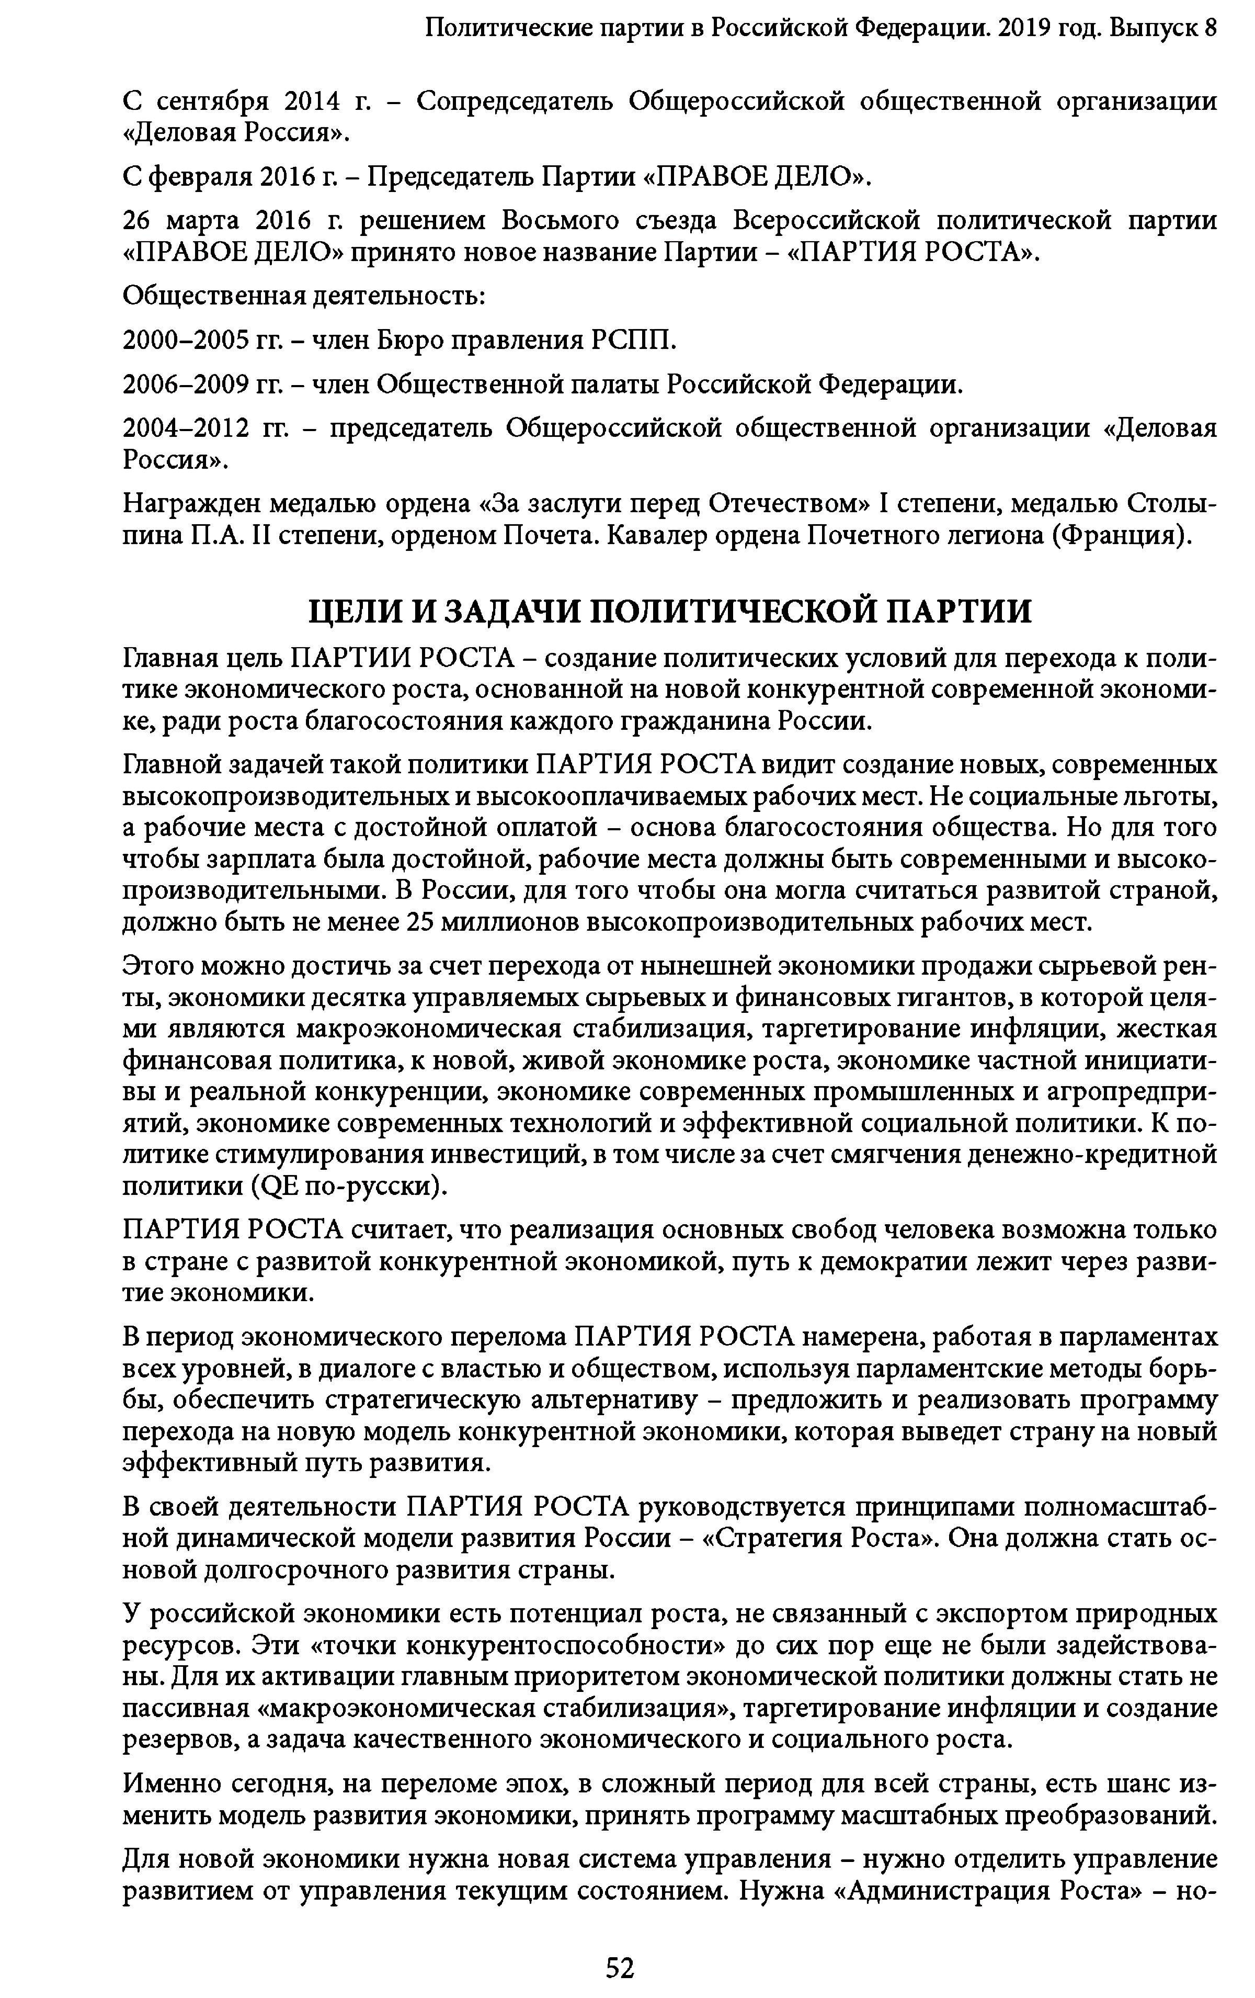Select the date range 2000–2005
[x=187, y=340]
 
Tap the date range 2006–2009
[x=187, y=384]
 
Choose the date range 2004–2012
[x=187, y=428]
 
